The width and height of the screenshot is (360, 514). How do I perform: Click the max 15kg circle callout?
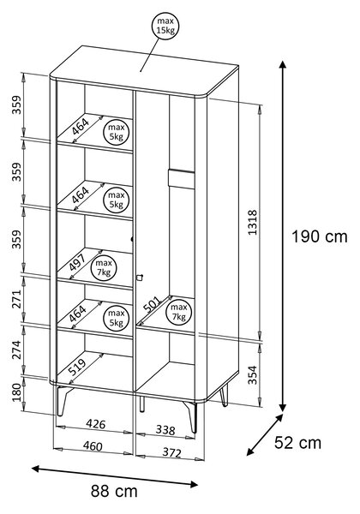pyautogui.click(x=166, y=27)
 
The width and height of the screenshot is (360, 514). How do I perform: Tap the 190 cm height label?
pyautogui.click(x=320, y=236)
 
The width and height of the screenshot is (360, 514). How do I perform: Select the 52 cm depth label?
pyautogui.click(x=297, y=443)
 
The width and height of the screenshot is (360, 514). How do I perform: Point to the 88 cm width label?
pyautogui.click(x=114, y=491)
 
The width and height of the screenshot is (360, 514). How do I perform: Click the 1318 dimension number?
pyautogui.click(x=253, y=223)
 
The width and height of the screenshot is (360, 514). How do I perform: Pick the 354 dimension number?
pyautogui.click(x=253, y=374)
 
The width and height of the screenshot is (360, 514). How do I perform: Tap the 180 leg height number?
pyautogui.click(x=16, y=392)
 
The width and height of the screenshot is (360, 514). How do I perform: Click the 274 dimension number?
pyautogui.click(x=16, y=350)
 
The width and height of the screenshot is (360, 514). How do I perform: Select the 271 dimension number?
pyautogui.click(x=16, y=299)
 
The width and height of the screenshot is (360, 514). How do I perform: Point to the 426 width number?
pyautogui.click(x=96, y=424)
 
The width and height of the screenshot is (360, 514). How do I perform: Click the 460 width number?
pyautogui.click(x=93, y=446)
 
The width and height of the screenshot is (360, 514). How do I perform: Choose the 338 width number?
pyautogui.click(x=165, y=430)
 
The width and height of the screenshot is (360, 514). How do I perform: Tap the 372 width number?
pyautogui.click(x=171, y=452)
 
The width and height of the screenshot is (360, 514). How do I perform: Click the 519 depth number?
pyautogui.click(x=78, y=367)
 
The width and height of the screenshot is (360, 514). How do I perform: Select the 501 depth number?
pyautogui.click(x=153, y=304)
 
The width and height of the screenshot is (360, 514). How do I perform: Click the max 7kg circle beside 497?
pyautogui.click(x=104, y=267)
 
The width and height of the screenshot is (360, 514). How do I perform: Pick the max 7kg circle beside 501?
pyautogui.click(x=178, y=312)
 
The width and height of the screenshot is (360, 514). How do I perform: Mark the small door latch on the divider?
pyautogui.click(x=140, y=278)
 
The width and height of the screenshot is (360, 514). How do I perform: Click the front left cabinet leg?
pyautogui.click(x=62, y=401)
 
